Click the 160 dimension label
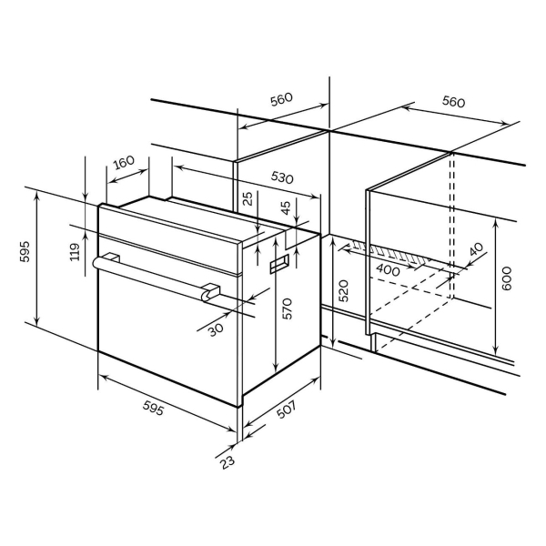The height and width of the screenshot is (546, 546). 124,162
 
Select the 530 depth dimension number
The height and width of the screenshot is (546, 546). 282,177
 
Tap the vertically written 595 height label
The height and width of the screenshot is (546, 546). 25,251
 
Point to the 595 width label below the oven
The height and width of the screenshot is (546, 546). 153,408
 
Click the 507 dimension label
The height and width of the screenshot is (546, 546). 287,409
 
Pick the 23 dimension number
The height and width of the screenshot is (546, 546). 227,462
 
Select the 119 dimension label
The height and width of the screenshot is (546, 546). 75,252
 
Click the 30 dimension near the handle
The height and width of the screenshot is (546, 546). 216,329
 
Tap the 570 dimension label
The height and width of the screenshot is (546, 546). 288,308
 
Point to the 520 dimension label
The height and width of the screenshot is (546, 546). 343,290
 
